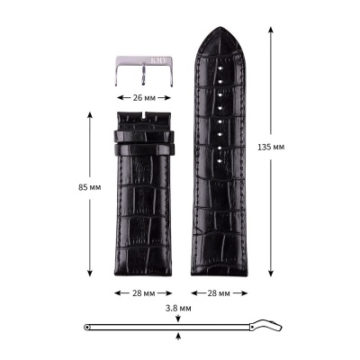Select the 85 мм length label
coord(63,187)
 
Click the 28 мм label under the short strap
coord(144,292)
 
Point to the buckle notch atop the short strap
coord(144,114)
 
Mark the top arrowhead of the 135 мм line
coord(271,30)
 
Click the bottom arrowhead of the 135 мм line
coord(271,274)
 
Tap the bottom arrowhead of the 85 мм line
coord(90,274)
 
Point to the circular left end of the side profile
coord(86,326)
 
